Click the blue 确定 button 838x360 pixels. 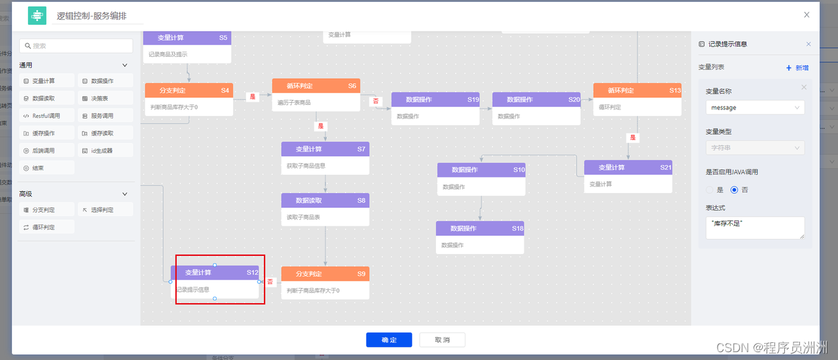click(x=389, y=340)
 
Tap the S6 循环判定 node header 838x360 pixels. click(x=316, y=86)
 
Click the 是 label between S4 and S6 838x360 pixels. click(x=253, y=97)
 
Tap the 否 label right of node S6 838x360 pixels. click(x=376, y=101)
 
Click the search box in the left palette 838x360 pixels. click(x=76, y=46)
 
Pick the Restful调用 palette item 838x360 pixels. click(x=47, y=116)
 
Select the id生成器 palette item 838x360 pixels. click(x=105, y=151)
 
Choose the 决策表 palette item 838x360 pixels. click(x=105, y=99)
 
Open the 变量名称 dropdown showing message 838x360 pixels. click(x=755, y=107)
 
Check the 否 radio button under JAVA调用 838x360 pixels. click(x=734, y=190)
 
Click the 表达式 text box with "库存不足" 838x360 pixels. click(x=755, y=228)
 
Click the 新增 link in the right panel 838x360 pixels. click(x=797, y=67)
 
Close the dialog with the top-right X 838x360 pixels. click(x=807, y=14)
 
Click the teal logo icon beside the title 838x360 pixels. click(x=37, y=16)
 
